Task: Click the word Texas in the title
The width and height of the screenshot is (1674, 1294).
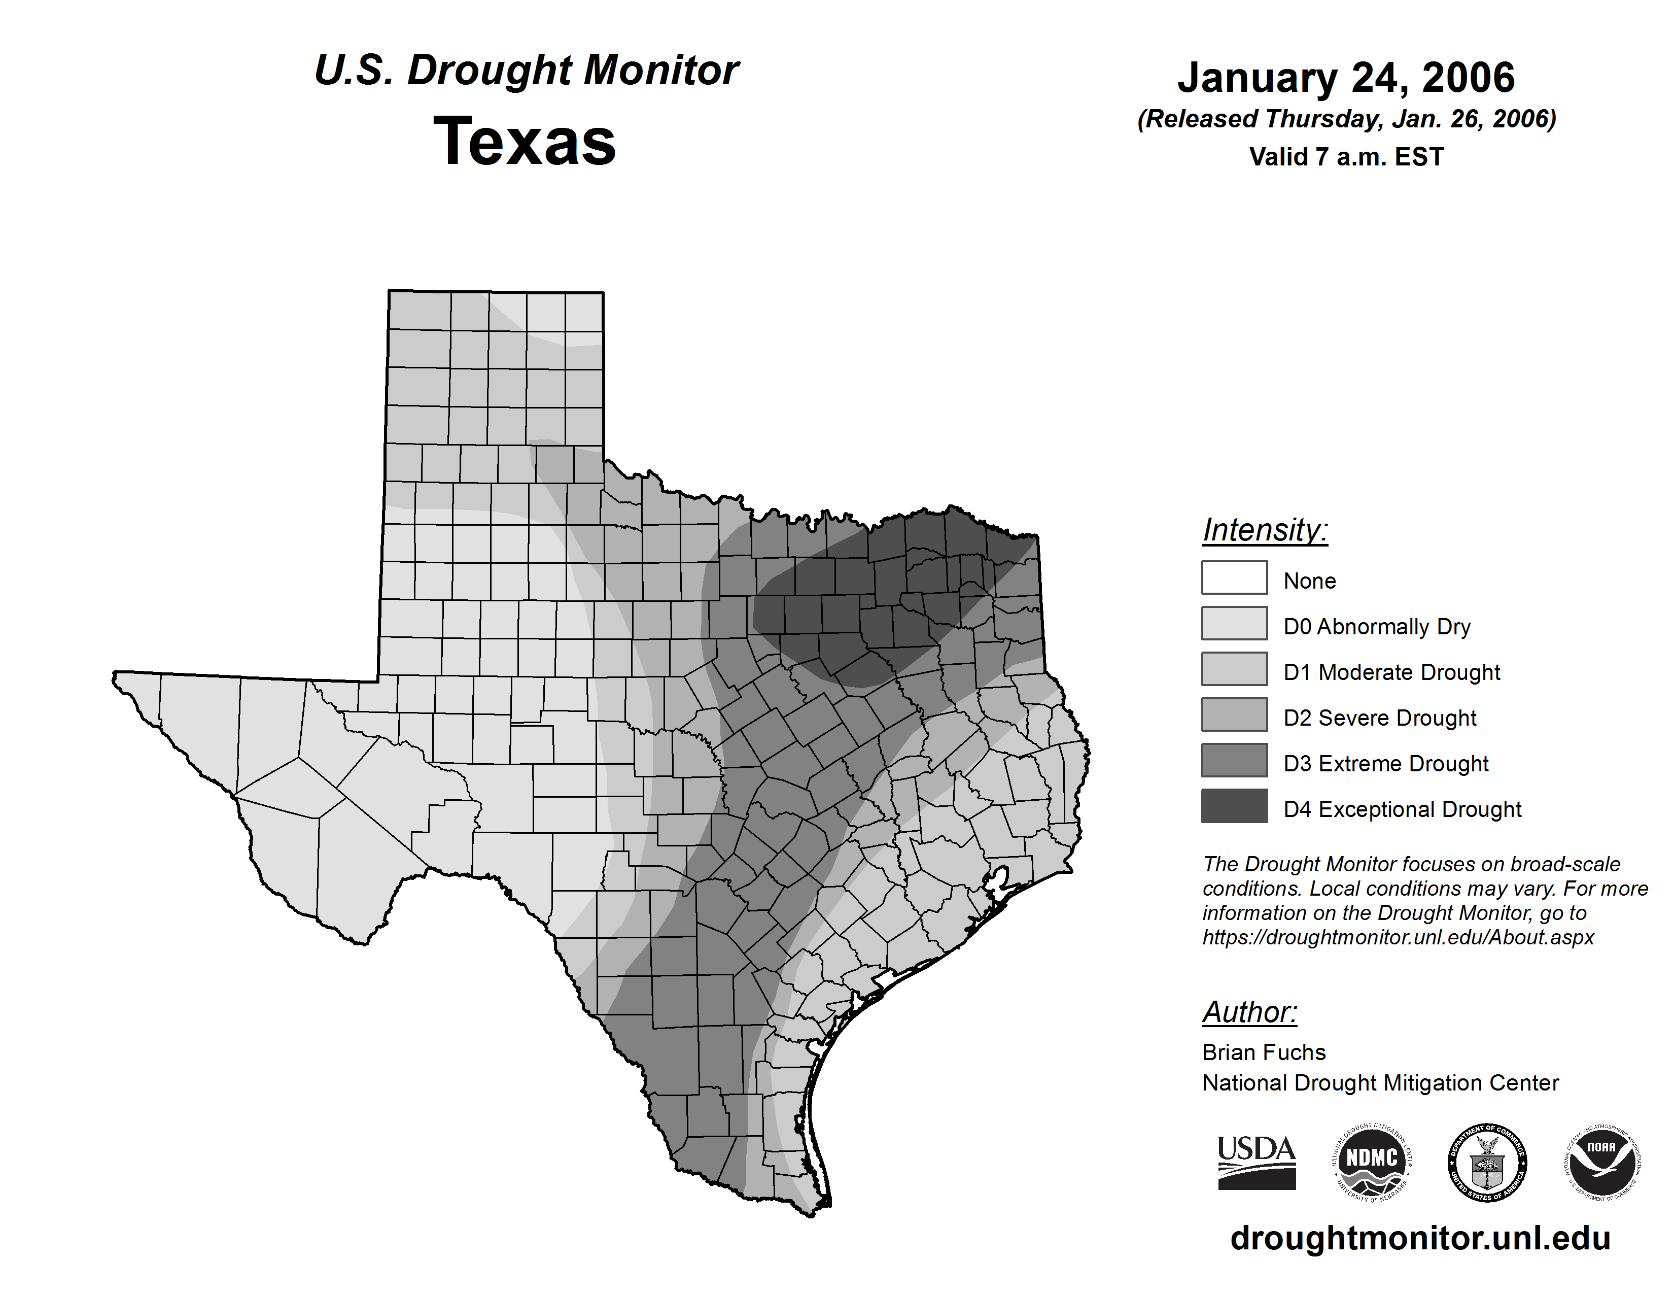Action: (x=525, y=142)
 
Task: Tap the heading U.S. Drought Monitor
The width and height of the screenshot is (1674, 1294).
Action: (x=527, y=71)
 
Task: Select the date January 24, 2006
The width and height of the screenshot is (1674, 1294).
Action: (x=1346, y=78)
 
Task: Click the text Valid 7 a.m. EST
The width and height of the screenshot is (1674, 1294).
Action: (x=1346, y=157)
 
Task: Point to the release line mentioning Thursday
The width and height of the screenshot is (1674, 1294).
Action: (x=1346, y=120)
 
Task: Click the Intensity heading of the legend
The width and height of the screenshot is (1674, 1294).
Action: (x=1265, y=530)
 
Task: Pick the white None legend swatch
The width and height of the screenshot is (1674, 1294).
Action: (x=1234, y=577)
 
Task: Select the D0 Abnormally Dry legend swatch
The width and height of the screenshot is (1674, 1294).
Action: (x=1234, y=623)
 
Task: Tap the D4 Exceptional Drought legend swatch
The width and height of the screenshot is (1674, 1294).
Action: (x=1234, y=806)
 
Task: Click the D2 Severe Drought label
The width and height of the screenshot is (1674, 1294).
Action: (x=1380, y=718)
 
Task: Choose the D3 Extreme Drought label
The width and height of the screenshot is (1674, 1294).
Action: (x=1386, y=764)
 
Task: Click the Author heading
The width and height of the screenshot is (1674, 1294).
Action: (x=1249, y=1012)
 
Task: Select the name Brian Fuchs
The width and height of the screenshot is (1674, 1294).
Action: (x=1264, y=1052)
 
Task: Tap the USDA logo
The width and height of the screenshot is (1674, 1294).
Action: (x=1257, y=1162)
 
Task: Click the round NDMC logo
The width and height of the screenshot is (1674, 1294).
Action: (x=1372, y=1162)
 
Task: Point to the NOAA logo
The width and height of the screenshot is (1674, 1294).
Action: (x=1601, y=1162)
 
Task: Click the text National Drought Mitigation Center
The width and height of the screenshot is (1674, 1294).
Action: (x=1380, y=1083)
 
